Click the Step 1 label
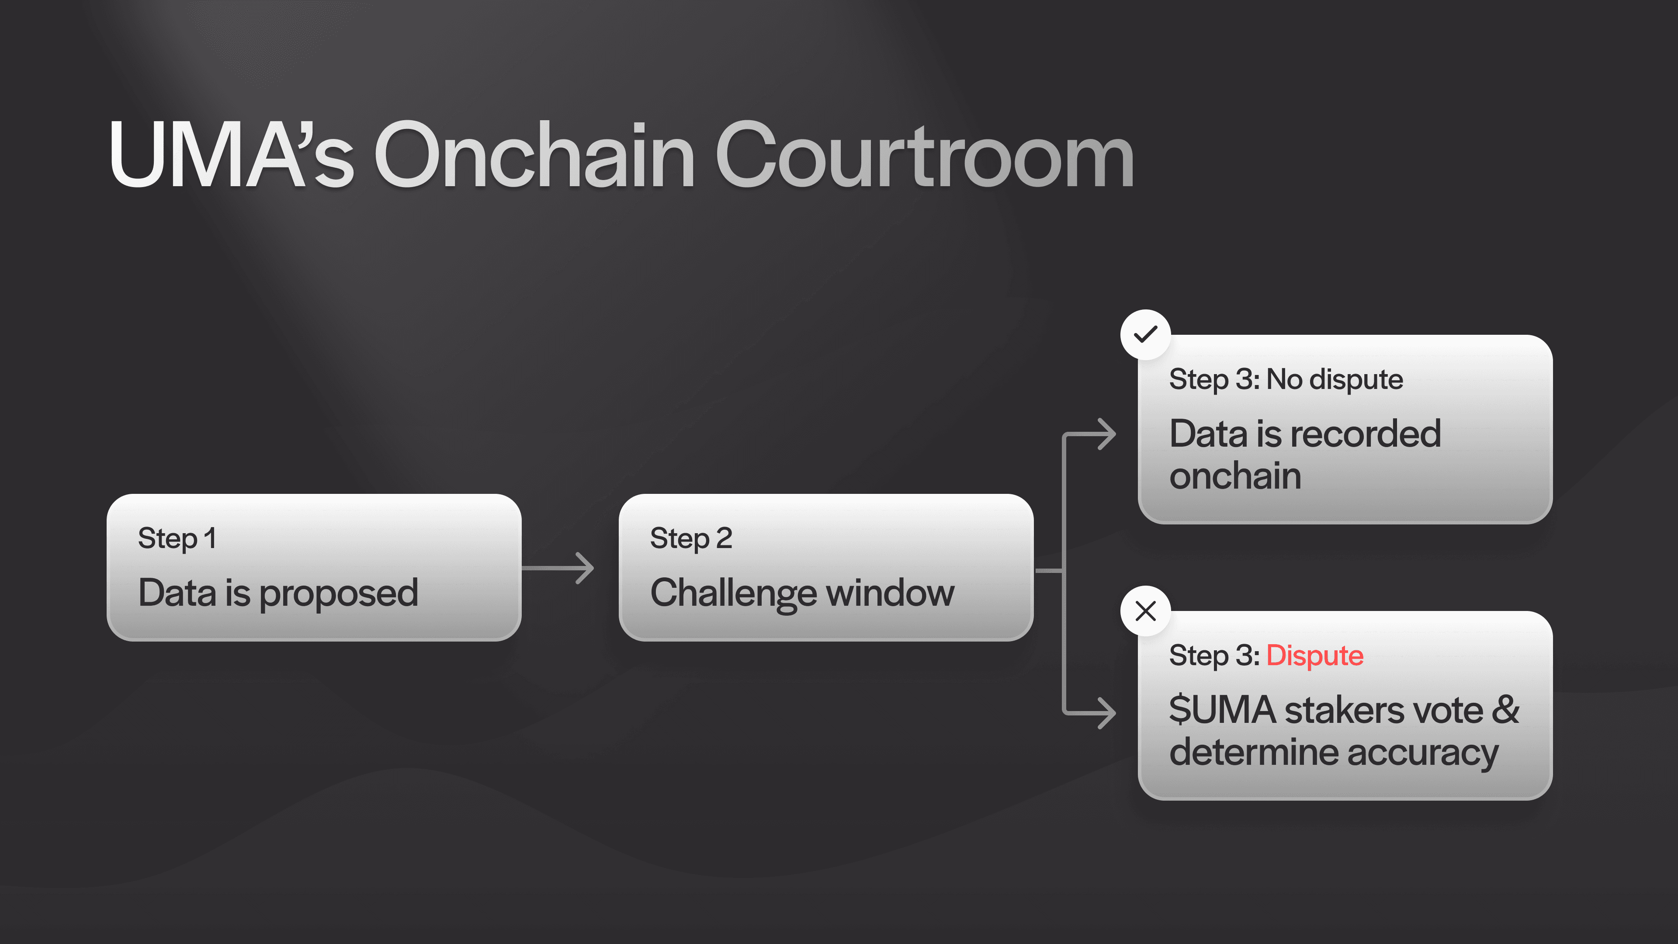(177, 539)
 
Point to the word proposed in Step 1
(339, 594)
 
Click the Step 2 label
(691, 539)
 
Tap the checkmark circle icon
(1145, 334)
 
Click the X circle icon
(1145, 611)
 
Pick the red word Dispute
(1314, 656)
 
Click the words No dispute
(1335, 380)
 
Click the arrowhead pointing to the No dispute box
(1107, 434)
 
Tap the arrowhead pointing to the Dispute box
(1107, 713)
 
